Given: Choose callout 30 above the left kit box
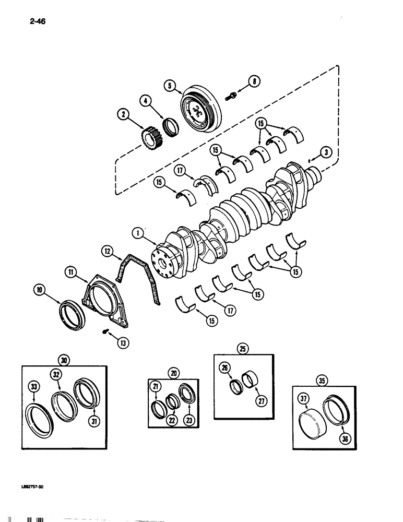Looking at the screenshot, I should tap(64, 359).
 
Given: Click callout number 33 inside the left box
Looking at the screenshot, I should tap(33, 387).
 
